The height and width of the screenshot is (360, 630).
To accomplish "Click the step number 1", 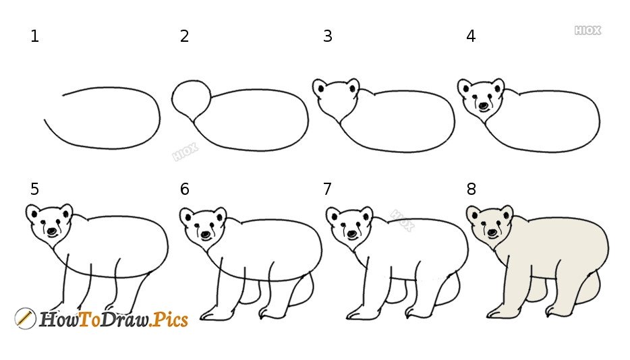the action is point(35,36).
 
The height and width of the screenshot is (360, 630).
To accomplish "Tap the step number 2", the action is point(184,36).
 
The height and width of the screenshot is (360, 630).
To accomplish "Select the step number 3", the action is point(328,36).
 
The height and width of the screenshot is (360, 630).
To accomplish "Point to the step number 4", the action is point(471,36).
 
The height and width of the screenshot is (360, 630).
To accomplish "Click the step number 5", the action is point(35,189).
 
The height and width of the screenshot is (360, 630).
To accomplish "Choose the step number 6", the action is point(184,189).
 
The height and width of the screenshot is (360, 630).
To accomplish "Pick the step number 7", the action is point(327,189).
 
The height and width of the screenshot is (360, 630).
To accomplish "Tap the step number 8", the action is point(471,189).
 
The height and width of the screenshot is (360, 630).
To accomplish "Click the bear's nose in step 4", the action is point(484,106).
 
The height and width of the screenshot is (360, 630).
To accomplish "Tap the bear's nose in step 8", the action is point(492,232).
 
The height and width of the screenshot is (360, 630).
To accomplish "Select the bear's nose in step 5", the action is point(52,231).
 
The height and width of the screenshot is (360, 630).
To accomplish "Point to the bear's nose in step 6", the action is point(206,235).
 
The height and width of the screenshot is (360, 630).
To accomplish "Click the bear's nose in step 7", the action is point(352,234).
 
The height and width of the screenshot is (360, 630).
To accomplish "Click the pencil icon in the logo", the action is point(25,319).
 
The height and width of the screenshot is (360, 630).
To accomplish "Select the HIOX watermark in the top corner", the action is point(588,30).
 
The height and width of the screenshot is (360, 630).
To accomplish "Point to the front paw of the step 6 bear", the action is point(213,314).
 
